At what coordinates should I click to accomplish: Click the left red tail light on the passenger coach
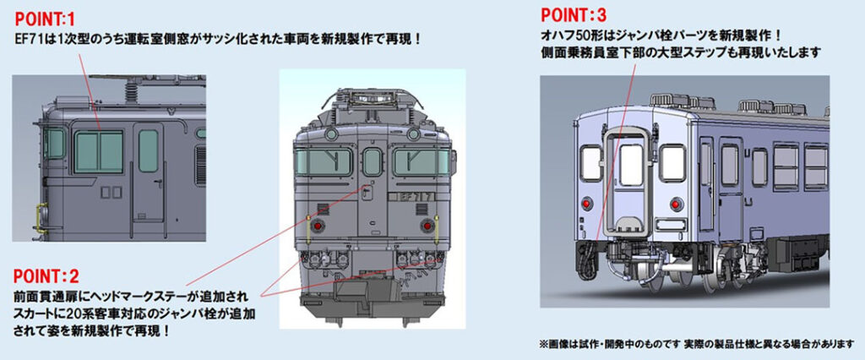(585, 204)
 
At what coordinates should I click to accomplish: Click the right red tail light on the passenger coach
(674, 203)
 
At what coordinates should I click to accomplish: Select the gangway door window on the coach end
(631, 164)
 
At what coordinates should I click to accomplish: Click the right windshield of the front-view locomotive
(418, 162)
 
